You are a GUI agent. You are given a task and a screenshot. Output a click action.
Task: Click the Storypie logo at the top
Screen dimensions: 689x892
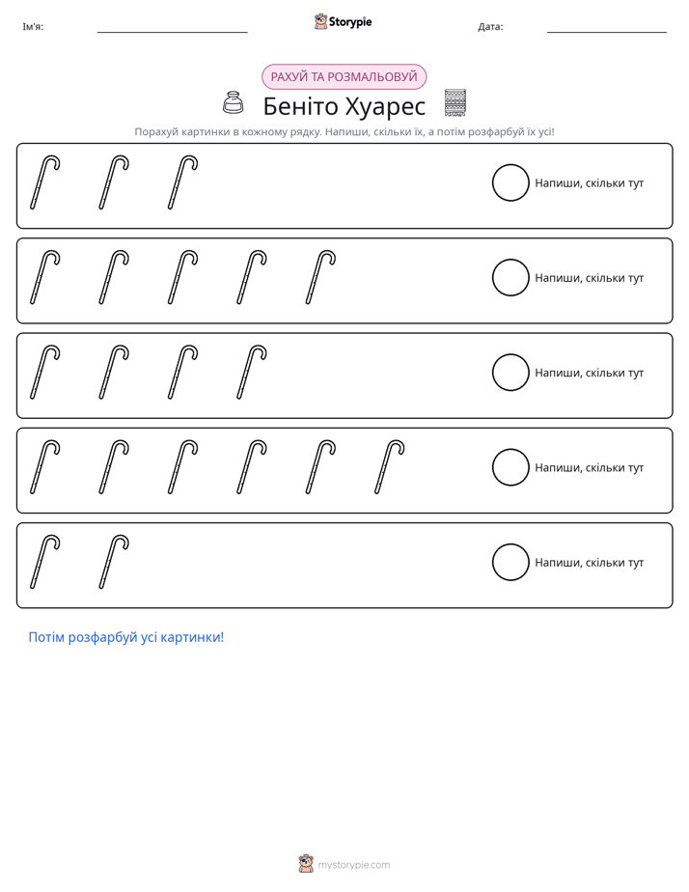343,21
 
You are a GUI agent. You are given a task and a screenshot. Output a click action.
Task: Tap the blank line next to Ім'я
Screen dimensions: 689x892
172,33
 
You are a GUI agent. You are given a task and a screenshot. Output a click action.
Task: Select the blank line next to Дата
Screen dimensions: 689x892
607,33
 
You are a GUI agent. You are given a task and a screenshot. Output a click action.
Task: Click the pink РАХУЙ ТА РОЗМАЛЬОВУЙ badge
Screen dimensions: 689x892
344,77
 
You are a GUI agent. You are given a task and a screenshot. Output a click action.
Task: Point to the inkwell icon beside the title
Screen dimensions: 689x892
233,103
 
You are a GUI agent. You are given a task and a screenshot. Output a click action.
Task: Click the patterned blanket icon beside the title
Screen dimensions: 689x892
455,103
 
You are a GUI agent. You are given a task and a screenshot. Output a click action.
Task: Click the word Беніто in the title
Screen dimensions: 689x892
301,106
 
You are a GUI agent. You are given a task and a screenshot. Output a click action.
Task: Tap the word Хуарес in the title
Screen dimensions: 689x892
386,107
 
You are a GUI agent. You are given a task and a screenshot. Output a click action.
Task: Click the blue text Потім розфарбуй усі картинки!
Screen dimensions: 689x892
126,637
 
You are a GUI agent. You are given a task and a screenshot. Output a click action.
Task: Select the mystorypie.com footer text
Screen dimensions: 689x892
353,865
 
